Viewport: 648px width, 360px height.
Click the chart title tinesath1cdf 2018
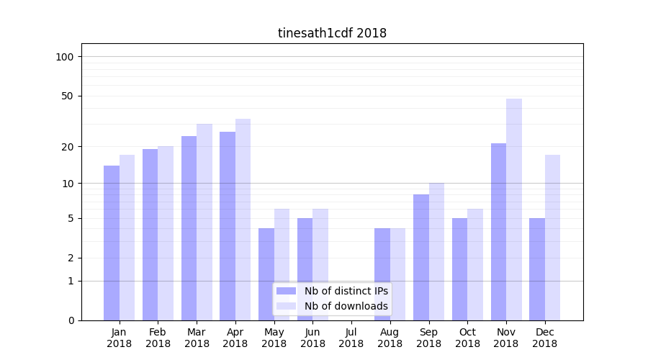332,33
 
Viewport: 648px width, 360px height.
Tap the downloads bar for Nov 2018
514,210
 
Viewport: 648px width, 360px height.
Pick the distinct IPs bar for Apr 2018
228,226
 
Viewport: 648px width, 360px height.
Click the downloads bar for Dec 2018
552,238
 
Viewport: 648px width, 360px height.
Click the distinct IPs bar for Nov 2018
498,232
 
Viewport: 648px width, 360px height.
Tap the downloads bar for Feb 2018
166,233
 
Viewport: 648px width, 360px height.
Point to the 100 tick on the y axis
69,57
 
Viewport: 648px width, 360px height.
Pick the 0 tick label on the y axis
71,320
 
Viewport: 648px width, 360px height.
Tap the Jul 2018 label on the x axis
351,338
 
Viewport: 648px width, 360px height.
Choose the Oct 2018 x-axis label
467,338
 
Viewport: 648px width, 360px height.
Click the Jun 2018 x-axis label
312,338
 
